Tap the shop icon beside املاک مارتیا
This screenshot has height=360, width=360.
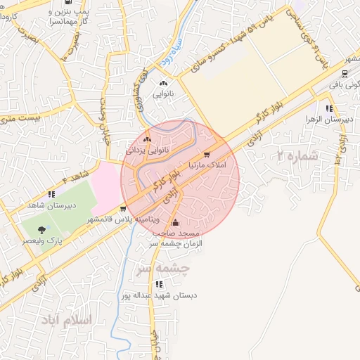point(206,155)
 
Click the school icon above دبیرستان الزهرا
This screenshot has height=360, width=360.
point(329,108)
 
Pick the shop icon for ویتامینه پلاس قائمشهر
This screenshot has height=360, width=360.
point(124,208)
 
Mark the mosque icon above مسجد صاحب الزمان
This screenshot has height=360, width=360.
point(175,224)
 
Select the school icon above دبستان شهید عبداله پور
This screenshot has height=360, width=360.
point(159,285)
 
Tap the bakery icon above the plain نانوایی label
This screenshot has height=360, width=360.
point(163,83)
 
